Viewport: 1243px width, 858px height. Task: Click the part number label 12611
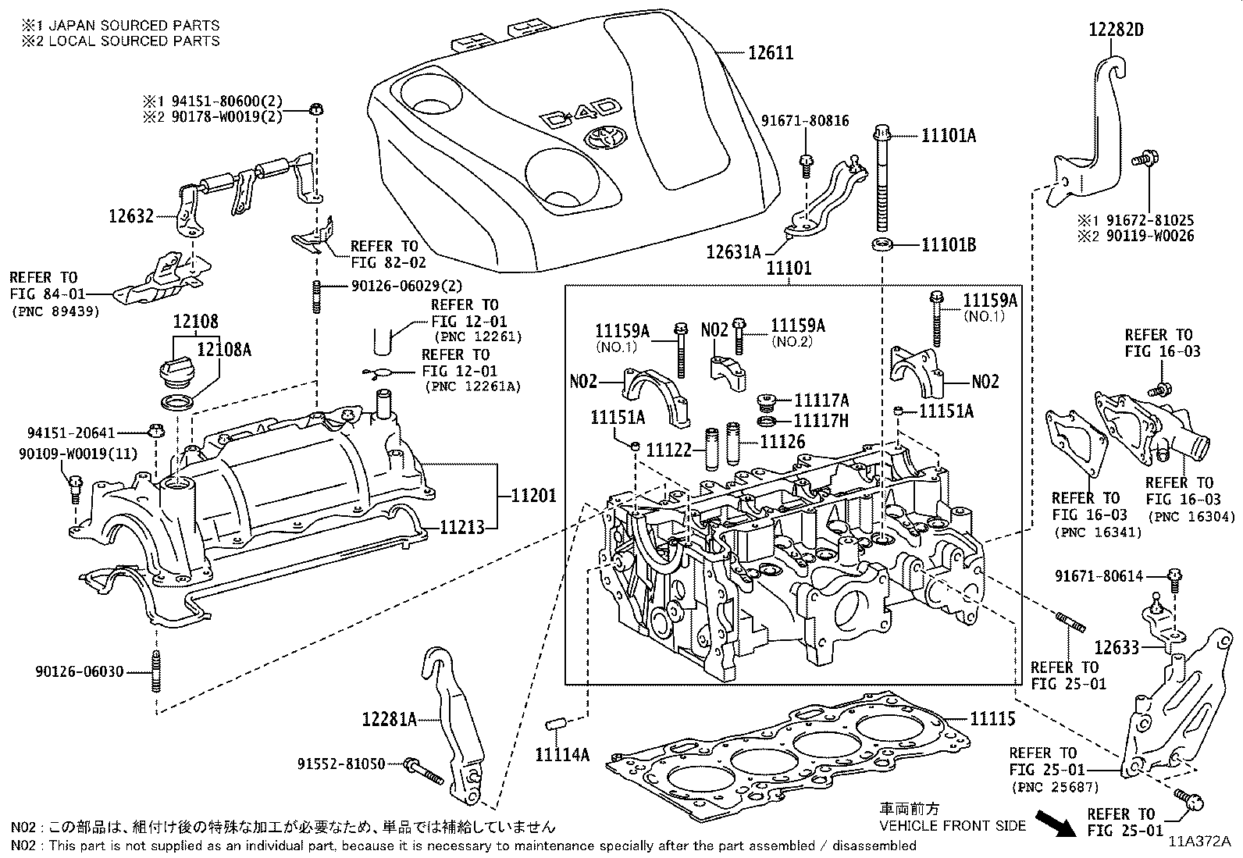(770, 53)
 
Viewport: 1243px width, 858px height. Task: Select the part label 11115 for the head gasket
(992, 719)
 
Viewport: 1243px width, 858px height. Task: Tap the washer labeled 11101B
(881, 245)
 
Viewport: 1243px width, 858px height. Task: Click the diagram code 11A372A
(1198, 842)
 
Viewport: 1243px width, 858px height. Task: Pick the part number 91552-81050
(341, 764)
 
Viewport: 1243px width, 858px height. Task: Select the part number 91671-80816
(805, 121)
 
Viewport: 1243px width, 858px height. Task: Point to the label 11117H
(821, 421)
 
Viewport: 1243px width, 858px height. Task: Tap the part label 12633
(1116, 646)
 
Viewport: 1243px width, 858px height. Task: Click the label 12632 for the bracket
(130, 216)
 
